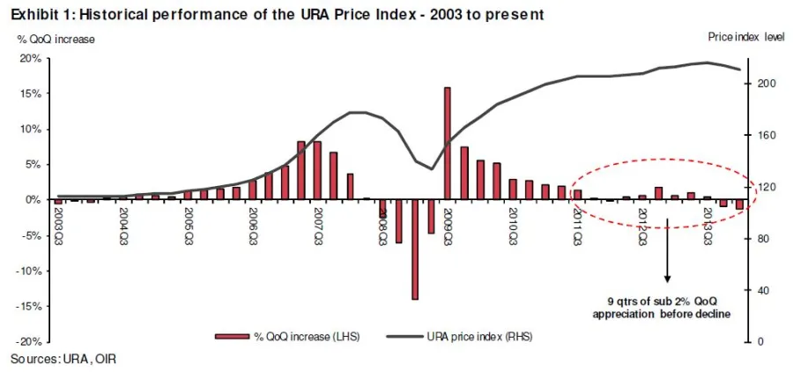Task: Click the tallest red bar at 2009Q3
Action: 448,143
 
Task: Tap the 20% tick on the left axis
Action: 31,58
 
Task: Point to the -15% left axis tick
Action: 29,307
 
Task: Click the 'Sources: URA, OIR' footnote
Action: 63,359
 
